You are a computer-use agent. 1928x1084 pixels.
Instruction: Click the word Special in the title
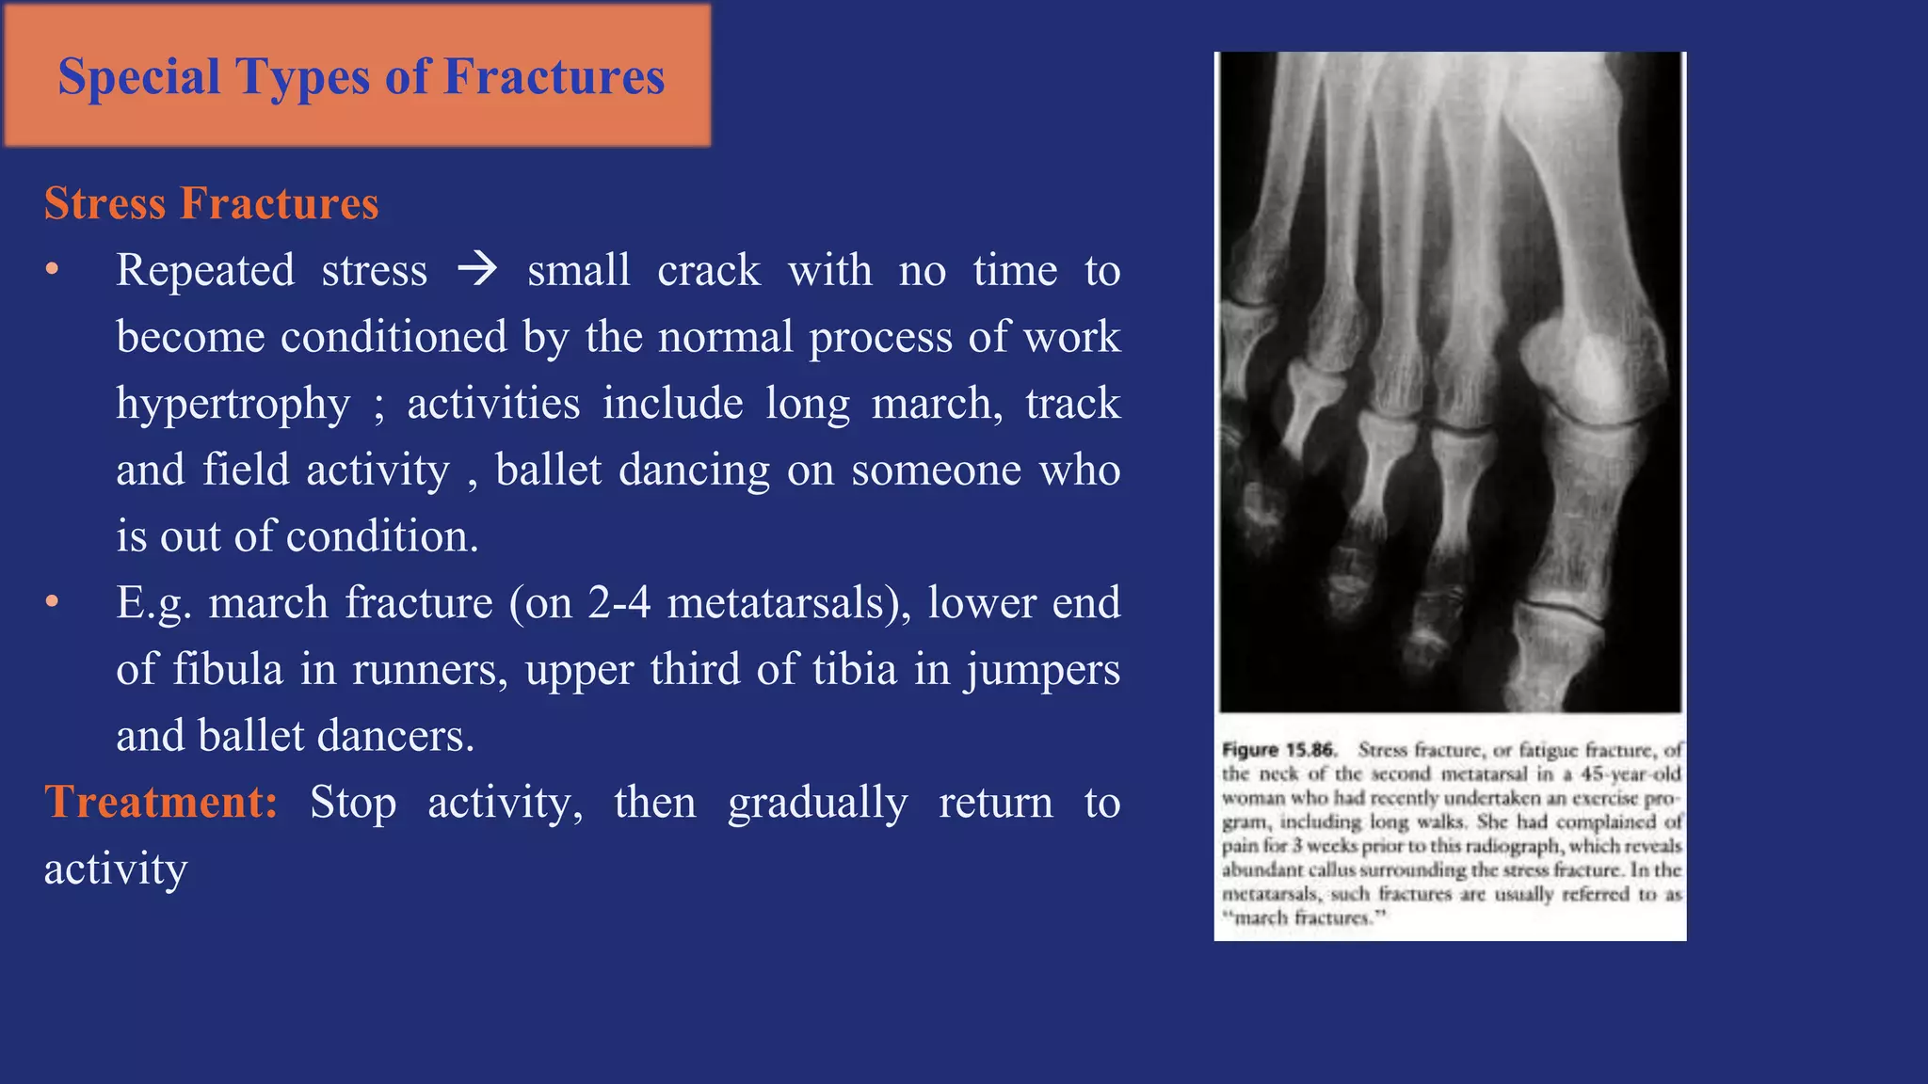click(138, 76)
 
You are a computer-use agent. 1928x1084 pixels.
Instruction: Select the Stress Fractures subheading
click(211, 203)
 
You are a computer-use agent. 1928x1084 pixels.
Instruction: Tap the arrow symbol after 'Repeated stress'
click(477, 270)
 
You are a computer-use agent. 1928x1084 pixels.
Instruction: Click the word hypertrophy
click(233, 404)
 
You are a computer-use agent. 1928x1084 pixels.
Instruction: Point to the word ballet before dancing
click(548, 470)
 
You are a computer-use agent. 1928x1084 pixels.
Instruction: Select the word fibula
click(227, 670)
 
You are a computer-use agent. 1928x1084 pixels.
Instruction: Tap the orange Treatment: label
click(161, 803)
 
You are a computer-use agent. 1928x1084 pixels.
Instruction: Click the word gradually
click(817, 803)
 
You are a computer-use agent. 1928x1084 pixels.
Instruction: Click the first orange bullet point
click(53, 270)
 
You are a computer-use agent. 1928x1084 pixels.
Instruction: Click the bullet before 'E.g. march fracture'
click(53, 602)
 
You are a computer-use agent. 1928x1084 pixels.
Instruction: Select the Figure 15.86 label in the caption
click(1278, 750)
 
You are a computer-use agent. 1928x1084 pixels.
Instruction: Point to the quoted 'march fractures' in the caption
click(1305, 917)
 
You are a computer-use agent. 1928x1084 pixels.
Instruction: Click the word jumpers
click(1041, 670)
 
